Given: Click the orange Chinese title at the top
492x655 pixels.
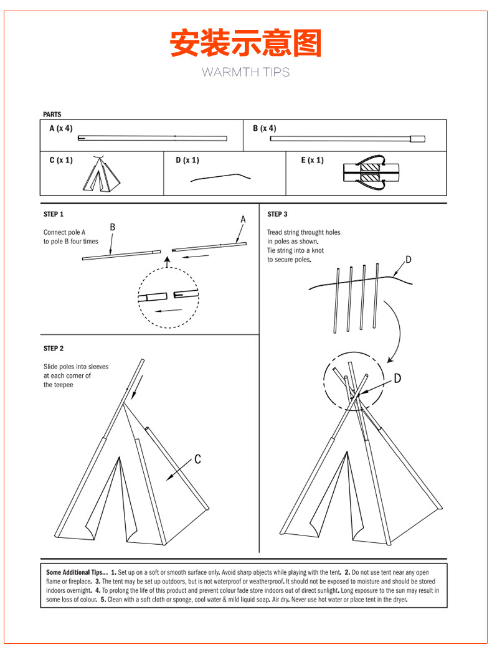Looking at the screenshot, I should (245, 43).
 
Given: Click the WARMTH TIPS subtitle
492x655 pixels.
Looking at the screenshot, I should (245, 72).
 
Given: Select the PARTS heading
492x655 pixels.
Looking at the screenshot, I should (52, 115).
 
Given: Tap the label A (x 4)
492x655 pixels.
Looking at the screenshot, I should (61, 129).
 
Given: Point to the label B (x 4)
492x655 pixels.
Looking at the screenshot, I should (265, 129).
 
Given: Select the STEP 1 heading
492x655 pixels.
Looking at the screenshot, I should (54, 214).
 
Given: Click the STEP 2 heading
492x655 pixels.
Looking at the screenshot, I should (54, 349).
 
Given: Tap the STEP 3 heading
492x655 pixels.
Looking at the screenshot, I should (278, 214).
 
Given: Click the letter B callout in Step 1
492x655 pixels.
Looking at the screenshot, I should (113, 227).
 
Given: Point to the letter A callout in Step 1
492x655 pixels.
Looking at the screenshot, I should (243, 219).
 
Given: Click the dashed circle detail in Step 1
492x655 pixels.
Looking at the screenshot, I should (168, 298).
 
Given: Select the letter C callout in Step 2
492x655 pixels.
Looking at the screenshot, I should (197, 459).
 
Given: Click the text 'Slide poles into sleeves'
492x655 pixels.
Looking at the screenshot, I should (76, 367).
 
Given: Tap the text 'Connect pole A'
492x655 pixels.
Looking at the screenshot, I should (65, 232).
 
